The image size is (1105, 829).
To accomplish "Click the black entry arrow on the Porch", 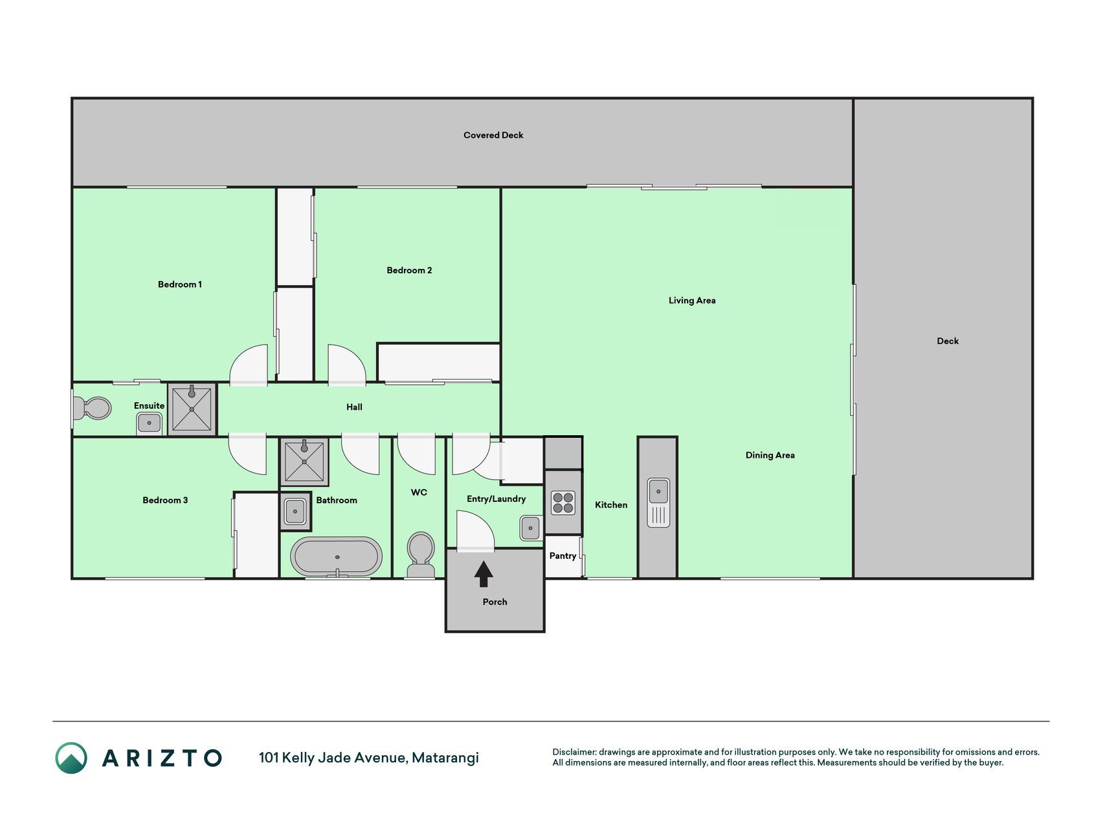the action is point(484,574).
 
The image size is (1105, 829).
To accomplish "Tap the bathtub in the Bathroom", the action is point(337,556).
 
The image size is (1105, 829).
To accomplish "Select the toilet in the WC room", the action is point(421,554).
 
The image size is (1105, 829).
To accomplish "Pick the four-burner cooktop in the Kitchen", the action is point(563,503).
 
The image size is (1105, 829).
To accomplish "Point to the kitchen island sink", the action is point(658,503).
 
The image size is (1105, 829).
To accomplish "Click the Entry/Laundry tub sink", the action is point(530,528).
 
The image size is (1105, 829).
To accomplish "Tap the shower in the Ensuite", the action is point(192,409).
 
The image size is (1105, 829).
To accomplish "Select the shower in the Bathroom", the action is point(304,462).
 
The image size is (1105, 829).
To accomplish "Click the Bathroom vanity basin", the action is point(295,511).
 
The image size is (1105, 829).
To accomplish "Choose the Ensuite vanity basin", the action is point(150,423).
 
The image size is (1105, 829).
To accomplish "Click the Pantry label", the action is point(563,556).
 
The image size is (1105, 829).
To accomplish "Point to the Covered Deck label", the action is point(493,135).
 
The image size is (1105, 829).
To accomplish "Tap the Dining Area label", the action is point(770,455).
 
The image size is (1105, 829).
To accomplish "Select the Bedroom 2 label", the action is point(409,270).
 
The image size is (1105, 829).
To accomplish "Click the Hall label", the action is point(354,407).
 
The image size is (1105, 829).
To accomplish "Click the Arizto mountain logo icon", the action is point(71,758).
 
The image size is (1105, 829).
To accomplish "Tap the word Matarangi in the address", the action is point(445,758).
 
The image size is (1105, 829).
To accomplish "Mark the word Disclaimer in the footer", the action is point(574,752).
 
